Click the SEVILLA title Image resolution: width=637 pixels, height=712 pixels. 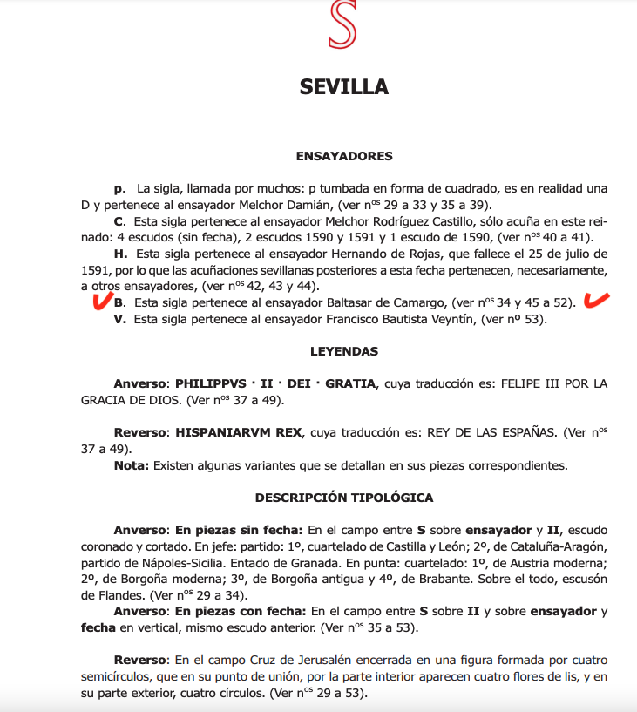click(x=344, y=87)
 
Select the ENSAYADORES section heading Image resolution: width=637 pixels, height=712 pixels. click(x=344, y=156)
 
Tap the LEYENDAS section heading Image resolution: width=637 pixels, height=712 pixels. click(x=344, y=351)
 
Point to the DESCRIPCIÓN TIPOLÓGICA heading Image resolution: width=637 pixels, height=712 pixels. click(x=344, y=498)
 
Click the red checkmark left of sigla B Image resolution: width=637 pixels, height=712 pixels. click(x=102, y=302)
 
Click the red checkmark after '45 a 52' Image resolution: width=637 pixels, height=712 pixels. click(x=596, y=301)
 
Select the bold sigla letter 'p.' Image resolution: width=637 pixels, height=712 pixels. click(x=119, y=188)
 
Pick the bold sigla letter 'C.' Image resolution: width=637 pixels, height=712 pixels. click(x=119, y=221)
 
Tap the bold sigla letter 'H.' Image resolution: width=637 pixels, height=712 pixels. click(x=119, y=254)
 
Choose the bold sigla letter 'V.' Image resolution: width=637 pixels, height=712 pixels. click(x=119, y=319)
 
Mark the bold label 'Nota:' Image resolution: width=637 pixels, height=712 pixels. click(x=132, y=464)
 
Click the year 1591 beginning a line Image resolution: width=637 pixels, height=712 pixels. click(x=92, y=270)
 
